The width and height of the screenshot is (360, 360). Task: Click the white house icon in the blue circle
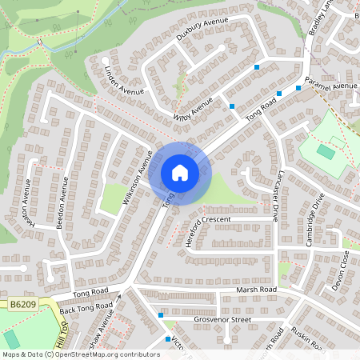(x=179, y=173)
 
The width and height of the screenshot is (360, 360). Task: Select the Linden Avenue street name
(x=124, y=79)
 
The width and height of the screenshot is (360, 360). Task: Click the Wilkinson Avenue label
(x=137, y=178)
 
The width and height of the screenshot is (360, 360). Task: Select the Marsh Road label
(x=255, y=290)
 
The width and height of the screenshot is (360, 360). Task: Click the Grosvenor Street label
(x=222, y=319)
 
